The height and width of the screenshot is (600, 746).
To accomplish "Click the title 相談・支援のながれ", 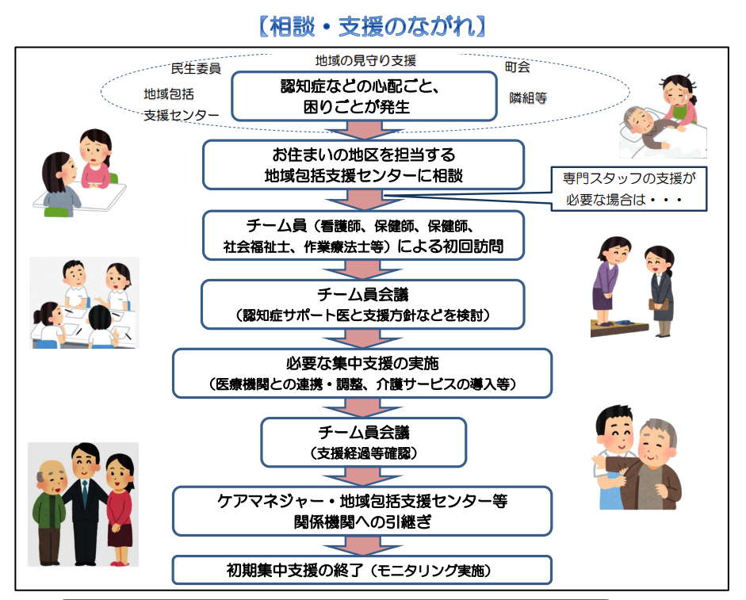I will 372,25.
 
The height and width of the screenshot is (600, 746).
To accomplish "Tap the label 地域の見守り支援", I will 365,59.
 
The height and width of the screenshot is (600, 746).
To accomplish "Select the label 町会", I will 518,67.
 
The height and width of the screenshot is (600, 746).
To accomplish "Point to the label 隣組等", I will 528,98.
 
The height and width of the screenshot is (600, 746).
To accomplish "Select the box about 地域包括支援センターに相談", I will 364,165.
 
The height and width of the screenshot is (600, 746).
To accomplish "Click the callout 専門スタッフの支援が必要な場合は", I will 630,189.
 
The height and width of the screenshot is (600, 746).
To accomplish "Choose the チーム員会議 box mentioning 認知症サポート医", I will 364,304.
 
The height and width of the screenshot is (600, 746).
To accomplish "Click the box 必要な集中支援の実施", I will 364,373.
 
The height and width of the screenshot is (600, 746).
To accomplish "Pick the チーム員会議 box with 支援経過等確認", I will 364,442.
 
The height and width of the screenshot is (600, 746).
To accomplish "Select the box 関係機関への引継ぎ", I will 362,511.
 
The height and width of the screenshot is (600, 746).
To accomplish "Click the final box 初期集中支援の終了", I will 362,569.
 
